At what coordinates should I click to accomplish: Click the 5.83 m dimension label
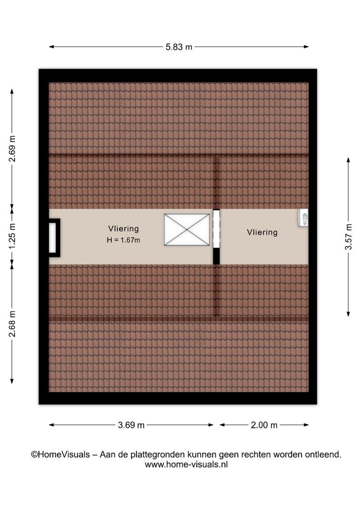click(179, 47)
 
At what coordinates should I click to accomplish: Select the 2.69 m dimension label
click(12, 148)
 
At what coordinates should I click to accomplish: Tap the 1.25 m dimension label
click(12, 236)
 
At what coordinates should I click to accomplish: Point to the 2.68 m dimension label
click(12, 324)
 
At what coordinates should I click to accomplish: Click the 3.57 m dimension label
click(348, 237)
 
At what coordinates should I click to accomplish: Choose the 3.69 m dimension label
click(131, 425)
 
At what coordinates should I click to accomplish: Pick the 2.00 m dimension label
click(264, 425)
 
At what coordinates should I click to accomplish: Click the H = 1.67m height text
click(123, 240)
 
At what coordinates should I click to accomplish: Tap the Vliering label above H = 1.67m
click(123, 229)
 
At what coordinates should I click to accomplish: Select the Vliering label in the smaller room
click(262, 232)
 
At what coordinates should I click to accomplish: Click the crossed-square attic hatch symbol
click(187, 230)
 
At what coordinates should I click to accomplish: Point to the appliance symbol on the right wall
click(303, 218)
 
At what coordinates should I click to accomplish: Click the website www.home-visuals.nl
click(186, 465)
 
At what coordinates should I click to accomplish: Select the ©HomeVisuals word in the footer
click(60, 454)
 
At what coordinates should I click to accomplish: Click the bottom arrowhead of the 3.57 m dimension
click(348, 314)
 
